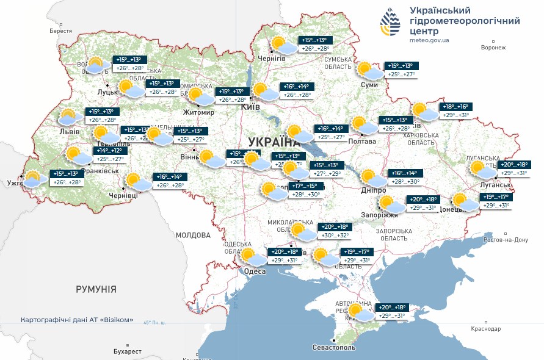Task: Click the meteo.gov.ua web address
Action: (429, 40)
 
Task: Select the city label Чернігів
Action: (271, 58)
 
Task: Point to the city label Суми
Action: (369, 85)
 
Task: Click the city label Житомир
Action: (199, 112)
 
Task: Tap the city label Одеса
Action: (254, 272)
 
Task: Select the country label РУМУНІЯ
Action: (96, 289)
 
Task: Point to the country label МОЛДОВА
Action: (193, 235)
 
